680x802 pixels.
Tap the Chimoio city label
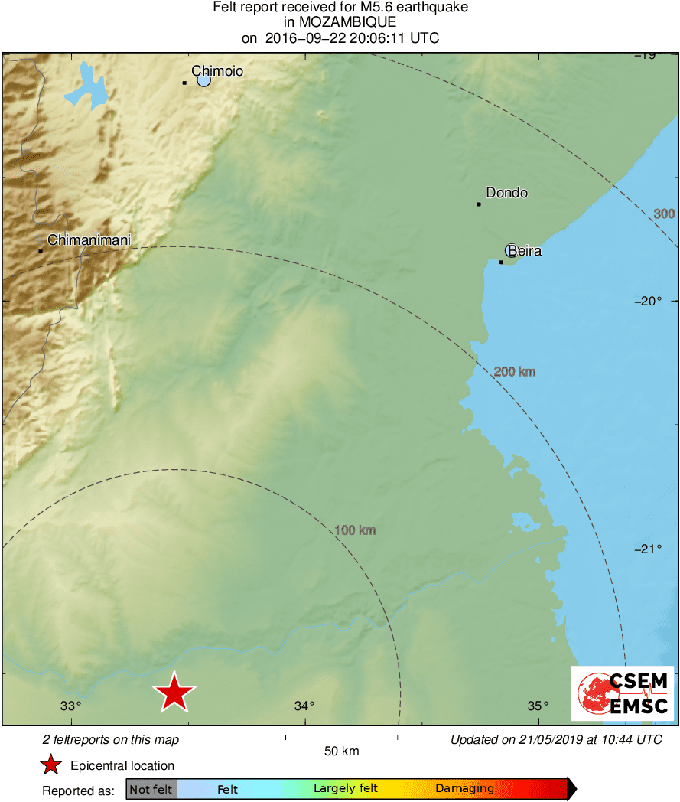[x=217, y=71]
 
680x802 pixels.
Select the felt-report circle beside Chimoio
[x=203, y=80]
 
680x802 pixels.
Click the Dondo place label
[x=507, y=193]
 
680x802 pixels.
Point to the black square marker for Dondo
[x=479, y=204]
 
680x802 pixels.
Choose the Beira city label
[x=525, y=250]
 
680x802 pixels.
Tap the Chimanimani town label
[x=89, y=240]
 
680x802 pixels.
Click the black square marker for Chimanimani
[x=41, y=251]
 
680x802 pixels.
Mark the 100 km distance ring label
[x=355, y=530]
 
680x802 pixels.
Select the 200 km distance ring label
[x=515, y=372]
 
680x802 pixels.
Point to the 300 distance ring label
[x=664, y=214]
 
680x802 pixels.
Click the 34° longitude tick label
[x=304, y=706]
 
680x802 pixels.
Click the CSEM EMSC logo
[x=623, y=693]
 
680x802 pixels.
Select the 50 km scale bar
[x=341, y=737]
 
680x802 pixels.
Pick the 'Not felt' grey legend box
[x=151, y=789]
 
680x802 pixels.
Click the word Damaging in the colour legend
[x=464, y=789]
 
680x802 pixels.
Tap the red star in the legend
[x=50, y=765]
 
